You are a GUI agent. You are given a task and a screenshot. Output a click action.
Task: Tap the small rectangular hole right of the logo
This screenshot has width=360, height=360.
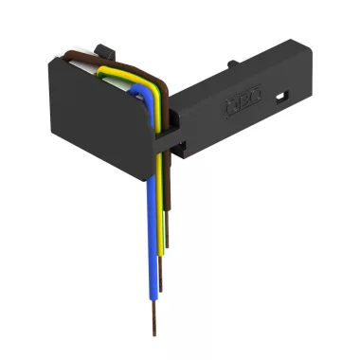[282, 96]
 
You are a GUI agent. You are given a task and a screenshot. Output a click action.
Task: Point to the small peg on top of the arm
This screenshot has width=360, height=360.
[230, 65]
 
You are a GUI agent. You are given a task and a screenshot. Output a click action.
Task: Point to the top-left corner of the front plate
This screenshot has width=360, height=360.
[51, 59]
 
